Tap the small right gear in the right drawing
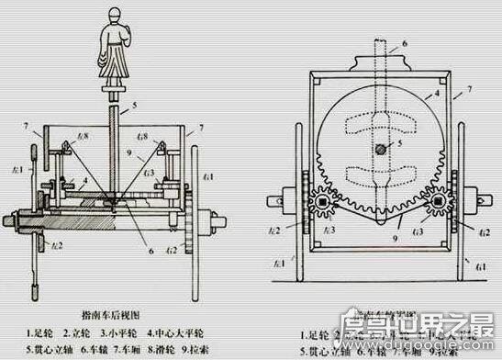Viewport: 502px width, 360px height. (439, 200)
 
